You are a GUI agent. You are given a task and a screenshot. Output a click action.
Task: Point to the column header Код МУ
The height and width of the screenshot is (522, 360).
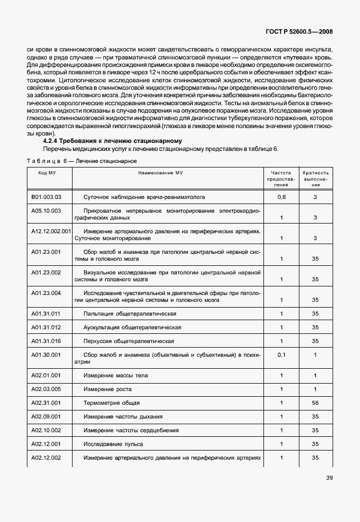point(47,172)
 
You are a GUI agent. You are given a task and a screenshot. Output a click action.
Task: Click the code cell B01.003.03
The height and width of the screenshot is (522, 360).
point(46,197)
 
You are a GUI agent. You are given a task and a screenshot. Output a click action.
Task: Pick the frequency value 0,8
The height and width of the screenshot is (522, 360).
point(281,197)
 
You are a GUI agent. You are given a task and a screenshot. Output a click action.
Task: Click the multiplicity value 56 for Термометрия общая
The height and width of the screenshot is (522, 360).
point(315,403)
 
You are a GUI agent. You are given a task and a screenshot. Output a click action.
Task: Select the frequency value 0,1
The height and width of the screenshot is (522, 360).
point(281,354)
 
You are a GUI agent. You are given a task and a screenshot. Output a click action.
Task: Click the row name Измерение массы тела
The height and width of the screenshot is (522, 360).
point(115,376)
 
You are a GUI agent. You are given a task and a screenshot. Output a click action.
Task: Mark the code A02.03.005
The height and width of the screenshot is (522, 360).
point(46,389)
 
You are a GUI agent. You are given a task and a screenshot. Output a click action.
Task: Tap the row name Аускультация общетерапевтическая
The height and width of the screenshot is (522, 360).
point(133,327)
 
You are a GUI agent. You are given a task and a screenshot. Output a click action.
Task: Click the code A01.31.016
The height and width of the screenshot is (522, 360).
point(46,341)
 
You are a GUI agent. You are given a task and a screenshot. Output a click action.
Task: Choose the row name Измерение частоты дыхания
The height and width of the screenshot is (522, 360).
point(123,417)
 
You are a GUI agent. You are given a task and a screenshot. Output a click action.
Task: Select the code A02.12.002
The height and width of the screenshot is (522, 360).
point(46,458)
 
